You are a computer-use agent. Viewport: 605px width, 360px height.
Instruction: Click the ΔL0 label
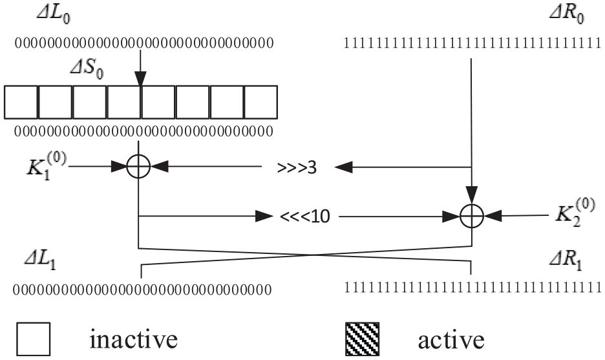click(53, 16)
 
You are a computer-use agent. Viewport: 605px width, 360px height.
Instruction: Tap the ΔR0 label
click(566, 16)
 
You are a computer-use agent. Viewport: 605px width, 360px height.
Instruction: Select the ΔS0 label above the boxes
click(87, 70)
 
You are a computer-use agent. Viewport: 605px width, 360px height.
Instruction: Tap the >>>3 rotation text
click(297, 168)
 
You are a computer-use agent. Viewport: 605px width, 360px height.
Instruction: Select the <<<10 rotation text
click(305, 217)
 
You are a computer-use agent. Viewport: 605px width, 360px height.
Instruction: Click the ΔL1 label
click(40, 261)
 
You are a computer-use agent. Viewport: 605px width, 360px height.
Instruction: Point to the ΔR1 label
click(566, 261)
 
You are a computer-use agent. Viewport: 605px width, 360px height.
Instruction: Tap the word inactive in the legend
click(134, 339)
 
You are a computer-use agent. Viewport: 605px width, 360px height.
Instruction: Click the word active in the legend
click(451, 340)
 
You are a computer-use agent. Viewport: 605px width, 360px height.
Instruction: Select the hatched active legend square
click(362, 339)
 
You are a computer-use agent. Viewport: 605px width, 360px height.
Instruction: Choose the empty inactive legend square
click(33, 339)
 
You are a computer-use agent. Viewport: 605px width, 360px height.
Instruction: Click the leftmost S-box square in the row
click(21, 102)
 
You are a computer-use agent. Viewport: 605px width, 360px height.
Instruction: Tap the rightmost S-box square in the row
click(260, 102)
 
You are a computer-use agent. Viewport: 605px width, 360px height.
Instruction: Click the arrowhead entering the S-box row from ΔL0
click(140, 78)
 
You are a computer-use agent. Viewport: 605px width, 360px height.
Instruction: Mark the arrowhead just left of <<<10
click(265, 217)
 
